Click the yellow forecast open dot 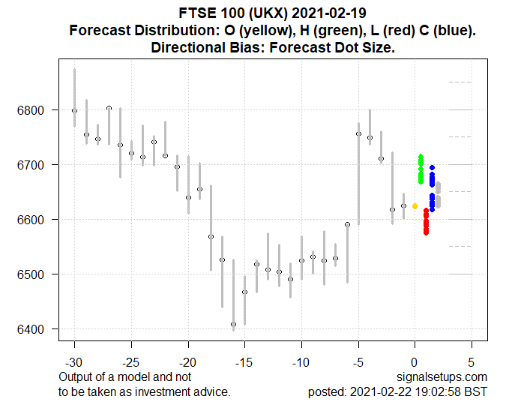[415, 205]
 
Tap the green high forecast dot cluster [421, 169]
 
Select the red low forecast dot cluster [426, 221]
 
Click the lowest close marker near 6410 [233, 325]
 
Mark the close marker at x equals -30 [74, 110]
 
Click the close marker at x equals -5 [358, 134]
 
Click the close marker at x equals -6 [347, 224]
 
